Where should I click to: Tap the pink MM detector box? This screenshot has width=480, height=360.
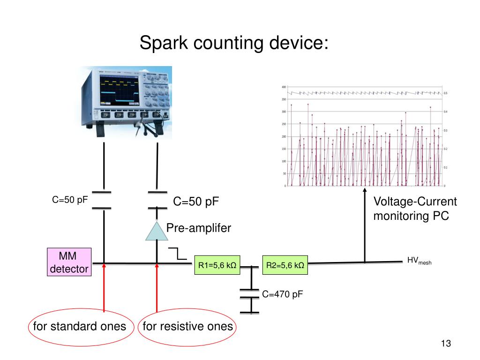coord(69,262)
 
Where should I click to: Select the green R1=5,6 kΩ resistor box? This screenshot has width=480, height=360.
coord(217,266)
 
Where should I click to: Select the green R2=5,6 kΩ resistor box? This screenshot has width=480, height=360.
coord(285,266)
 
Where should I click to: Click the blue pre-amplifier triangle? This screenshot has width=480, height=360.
coord(157,231)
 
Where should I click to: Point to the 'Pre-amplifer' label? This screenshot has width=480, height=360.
coord(199,228)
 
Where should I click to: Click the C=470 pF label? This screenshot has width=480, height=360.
coord(282,294)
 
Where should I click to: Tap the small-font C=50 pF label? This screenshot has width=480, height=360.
coord(70,200)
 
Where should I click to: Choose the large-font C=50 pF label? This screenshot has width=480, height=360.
coord(196,202)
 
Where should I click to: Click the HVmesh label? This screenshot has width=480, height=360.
coord(419,261)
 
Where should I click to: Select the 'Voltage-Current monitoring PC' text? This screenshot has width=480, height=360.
coord(415,209)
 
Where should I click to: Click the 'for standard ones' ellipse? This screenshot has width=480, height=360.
coord(80,326)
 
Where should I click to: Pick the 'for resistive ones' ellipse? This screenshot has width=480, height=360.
coord(187,326)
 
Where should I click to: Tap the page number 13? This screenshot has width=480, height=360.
coord(445,344)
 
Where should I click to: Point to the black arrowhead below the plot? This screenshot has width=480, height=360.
coord(365,190)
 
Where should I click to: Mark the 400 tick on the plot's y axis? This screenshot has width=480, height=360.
coord(284,87)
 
